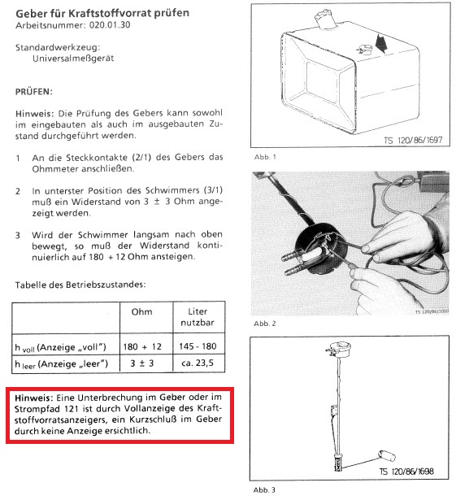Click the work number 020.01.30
[x=110, y=25]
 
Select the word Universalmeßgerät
[x=73, y=59]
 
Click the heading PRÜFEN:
[x=34, y=92]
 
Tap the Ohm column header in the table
[x=142, y=312]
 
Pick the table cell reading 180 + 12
[x=142, y=346]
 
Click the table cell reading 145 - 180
[x=198, y=346]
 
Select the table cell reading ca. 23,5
[x=198, y=363]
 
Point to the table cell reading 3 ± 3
[x=142, y=363]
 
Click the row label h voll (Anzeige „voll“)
[x=61, y=347]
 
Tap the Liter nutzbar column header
[x=198, y=317]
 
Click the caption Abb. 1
[x=265, y=157]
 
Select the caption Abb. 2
[x=265, y=324]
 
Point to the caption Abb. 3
[x=264, y=489]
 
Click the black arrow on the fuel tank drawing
[x=381, y=44]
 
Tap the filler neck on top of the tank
[x=324, y=20]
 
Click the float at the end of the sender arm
[x=386, y=455]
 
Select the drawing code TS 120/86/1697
[x=413, y=140]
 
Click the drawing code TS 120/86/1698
[x=406, y=472]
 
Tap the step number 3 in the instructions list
[x=18, y=236]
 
